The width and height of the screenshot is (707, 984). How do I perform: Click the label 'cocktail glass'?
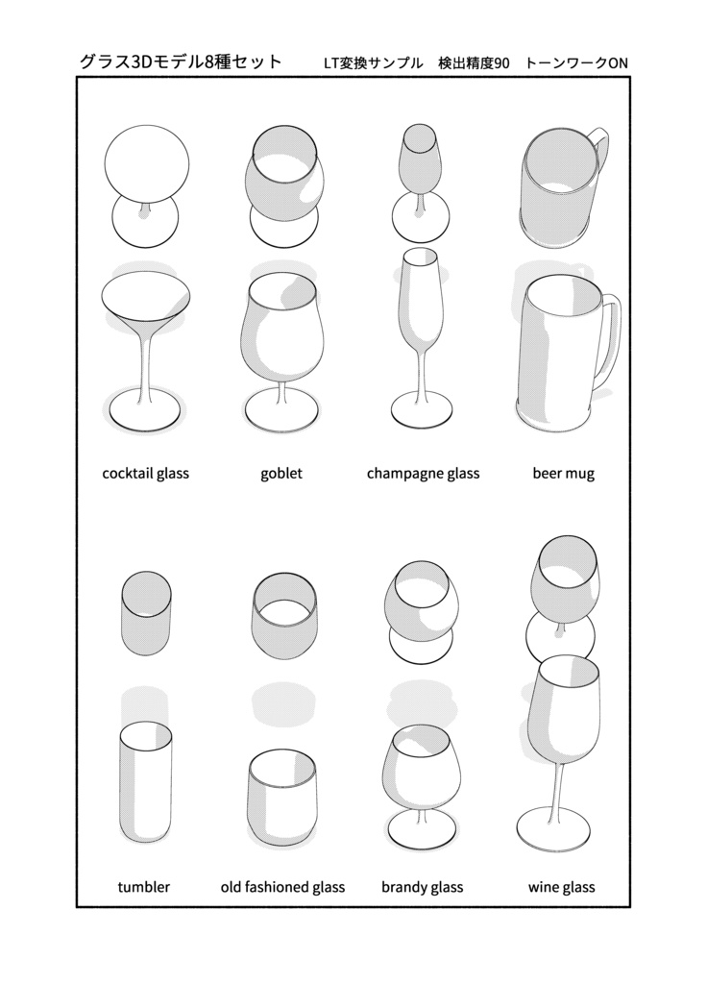click(x=146, y=473)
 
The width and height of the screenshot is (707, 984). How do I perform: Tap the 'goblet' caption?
click(x=281, y=473)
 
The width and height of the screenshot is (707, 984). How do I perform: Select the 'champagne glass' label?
click(x=423, y=473)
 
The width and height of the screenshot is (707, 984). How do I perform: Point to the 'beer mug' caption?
click(x=563, y=473)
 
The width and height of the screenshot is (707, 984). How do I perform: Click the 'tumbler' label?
click(x=144, y=887)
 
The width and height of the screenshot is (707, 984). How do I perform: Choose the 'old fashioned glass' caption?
click(x=282, y=887)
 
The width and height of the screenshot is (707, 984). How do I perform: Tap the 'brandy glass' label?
click(x=423, y=887)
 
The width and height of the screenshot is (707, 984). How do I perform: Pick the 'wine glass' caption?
click(x=561, y=887)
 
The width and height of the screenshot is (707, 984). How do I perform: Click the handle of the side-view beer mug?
click(x=614, y=339)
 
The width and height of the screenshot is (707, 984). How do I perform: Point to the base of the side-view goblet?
click(x=281, y=413)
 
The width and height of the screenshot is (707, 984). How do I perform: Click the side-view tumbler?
click(x=145, y=782)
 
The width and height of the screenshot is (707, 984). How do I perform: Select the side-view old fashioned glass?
click(x=281, y=795)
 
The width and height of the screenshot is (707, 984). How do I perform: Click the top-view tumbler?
click(x=146, y=613)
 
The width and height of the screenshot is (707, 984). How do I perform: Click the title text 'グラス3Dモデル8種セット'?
click(x=181, y=61)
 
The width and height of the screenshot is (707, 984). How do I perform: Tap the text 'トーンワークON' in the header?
click(x=576, y=62)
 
